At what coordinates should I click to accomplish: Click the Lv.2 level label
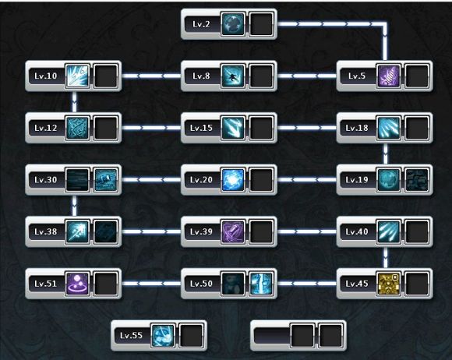tap(201, 24)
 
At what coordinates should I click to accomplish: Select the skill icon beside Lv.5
tap(389, 76)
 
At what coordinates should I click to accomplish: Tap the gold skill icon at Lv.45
tap(389, 284)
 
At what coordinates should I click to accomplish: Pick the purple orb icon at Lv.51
tap(77, 284)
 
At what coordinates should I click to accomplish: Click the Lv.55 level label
tap(131, 336)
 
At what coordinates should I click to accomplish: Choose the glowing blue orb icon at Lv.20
tap(233, 180)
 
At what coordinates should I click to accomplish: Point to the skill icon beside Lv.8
tap(233, 76)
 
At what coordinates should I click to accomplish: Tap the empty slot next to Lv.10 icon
tap(105, 76)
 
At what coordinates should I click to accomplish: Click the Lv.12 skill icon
tap(77, 128)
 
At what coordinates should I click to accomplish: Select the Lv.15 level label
tap(201, 128)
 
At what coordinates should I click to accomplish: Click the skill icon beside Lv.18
tap(389, 128)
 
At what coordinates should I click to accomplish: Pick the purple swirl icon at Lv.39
tap(233, 231)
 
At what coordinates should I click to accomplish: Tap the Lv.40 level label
tap(357, 231)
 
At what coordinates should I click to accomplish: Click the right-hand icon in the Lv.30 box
tap(105, 180)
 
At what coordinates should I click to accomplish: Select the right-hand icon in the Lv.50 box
tap(261, 284)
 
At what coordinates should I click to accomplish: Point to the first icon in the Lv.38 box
tap(77, 231)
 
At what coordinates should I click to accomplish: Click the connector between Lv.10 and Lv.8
tap(151, 76)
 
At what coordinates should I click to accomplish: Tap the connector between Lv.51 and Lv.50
tap(151, 284)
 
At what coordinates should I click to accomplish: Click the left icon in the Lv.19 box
tap(389, 180)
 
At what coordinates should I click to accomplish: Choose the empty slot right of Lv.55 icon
tap(191, 336)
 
